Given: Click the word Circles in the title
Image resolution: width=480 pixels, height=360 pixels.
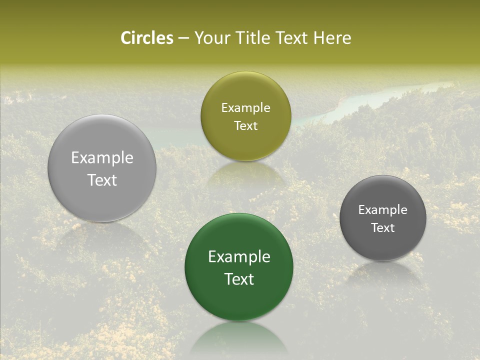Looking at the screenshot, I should pyautogui.click(x=147, y=38).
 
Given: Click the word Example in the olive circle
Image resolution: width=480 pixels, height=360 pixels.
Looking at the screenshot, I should pyautogui.click(x=245, y=107).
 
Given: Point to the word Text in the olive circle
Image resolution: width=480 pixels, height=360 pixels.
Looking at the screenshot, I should pyautogui.click(x=245, y=126).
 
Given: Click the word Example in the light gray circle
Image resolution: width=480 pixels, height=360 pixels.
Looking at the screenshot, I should pyautogui.click(x=102, y=157).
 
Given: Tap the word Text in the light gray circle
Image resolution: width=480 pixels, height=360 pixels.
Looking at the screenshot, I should pyautogui.click(x=102, y=180).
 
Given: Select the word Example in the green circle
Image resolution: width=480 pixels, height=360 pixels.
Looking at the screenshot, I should pyautogui.click(x=239, y=256).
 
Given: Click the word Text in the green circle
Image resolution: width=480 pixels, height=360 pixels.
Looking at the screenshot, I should pyautogui.click(x=239, y=279).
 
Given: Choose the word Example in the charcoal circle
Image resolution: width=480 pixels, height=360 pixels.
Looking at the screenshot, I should pyautogui.click(x=383, y=209).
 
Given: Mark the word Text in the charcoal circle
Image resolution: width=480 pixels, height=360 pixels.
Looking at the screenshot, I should pyautogui.click(x=383, y=228).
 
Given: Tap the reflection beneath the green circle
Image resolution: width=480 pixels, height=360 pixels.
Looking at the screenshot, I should pyautogui.click(x=239, y=337).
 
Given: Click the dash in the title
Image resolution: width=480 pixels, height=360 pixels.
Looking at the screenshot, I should pyautogui.click(x=183, y=38).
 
